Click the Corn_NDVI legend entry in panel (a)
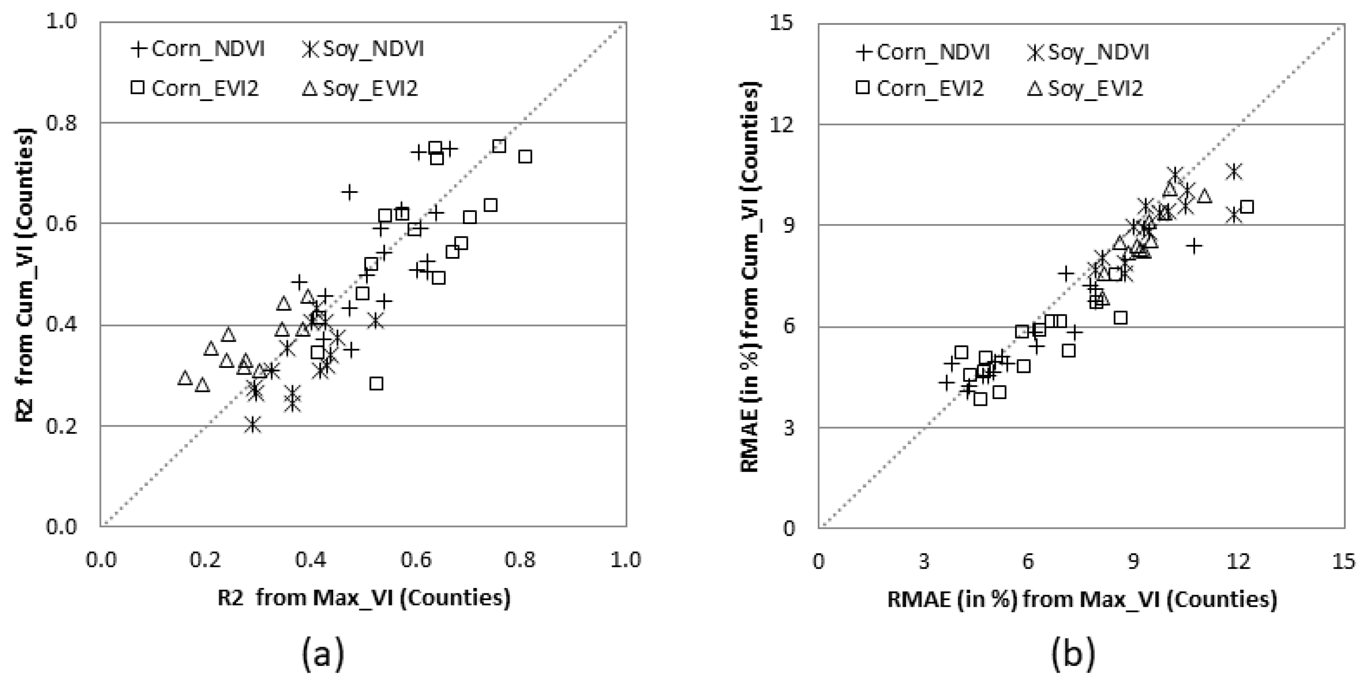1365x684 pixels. click(x=197, y=49)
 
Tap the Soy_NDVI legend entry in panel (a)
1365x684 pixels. click(x=363, y=49)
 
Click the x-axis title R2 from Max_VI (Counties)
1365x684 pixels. click(x=364, y=597)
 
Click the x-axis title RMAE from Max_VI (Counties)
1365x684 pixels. click(x=1081, y=599)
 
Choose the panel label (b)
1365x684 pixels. click(x=1073, y=653)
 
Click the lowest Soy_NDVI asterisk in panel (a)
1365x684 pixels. click(x=253, y=425)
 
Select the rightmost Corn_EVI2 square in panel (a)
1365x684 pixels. click(x=525, y=157)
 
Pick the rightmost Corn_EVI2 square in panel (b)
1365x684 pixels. click(x=1247, y=207)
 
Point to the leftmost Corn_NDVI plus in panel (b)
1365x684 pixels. click(x=946, y=382)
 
